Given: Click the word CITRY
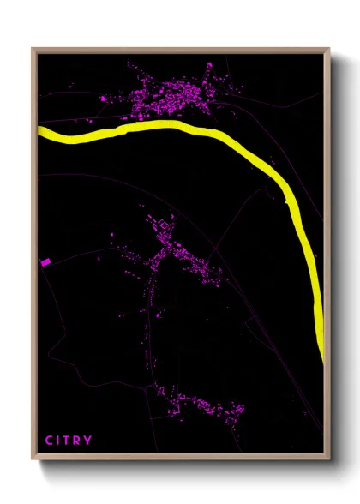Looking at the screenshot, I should point(69,441).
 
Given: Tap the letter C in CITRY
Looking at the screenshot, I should point(49,441).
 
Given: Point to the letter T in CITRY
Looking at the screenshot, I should point(69,441).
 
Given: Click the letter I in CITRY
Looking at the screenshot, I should point(59,441).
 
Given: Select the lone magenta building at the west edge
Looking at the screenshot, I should point(45,262).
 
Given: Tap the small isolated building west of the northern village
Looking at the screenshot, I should point(104,99).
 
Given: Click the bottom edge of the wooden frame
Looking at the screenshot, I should point(180,459).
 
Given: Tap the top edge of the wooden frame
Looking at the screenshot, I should point(180,49).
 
